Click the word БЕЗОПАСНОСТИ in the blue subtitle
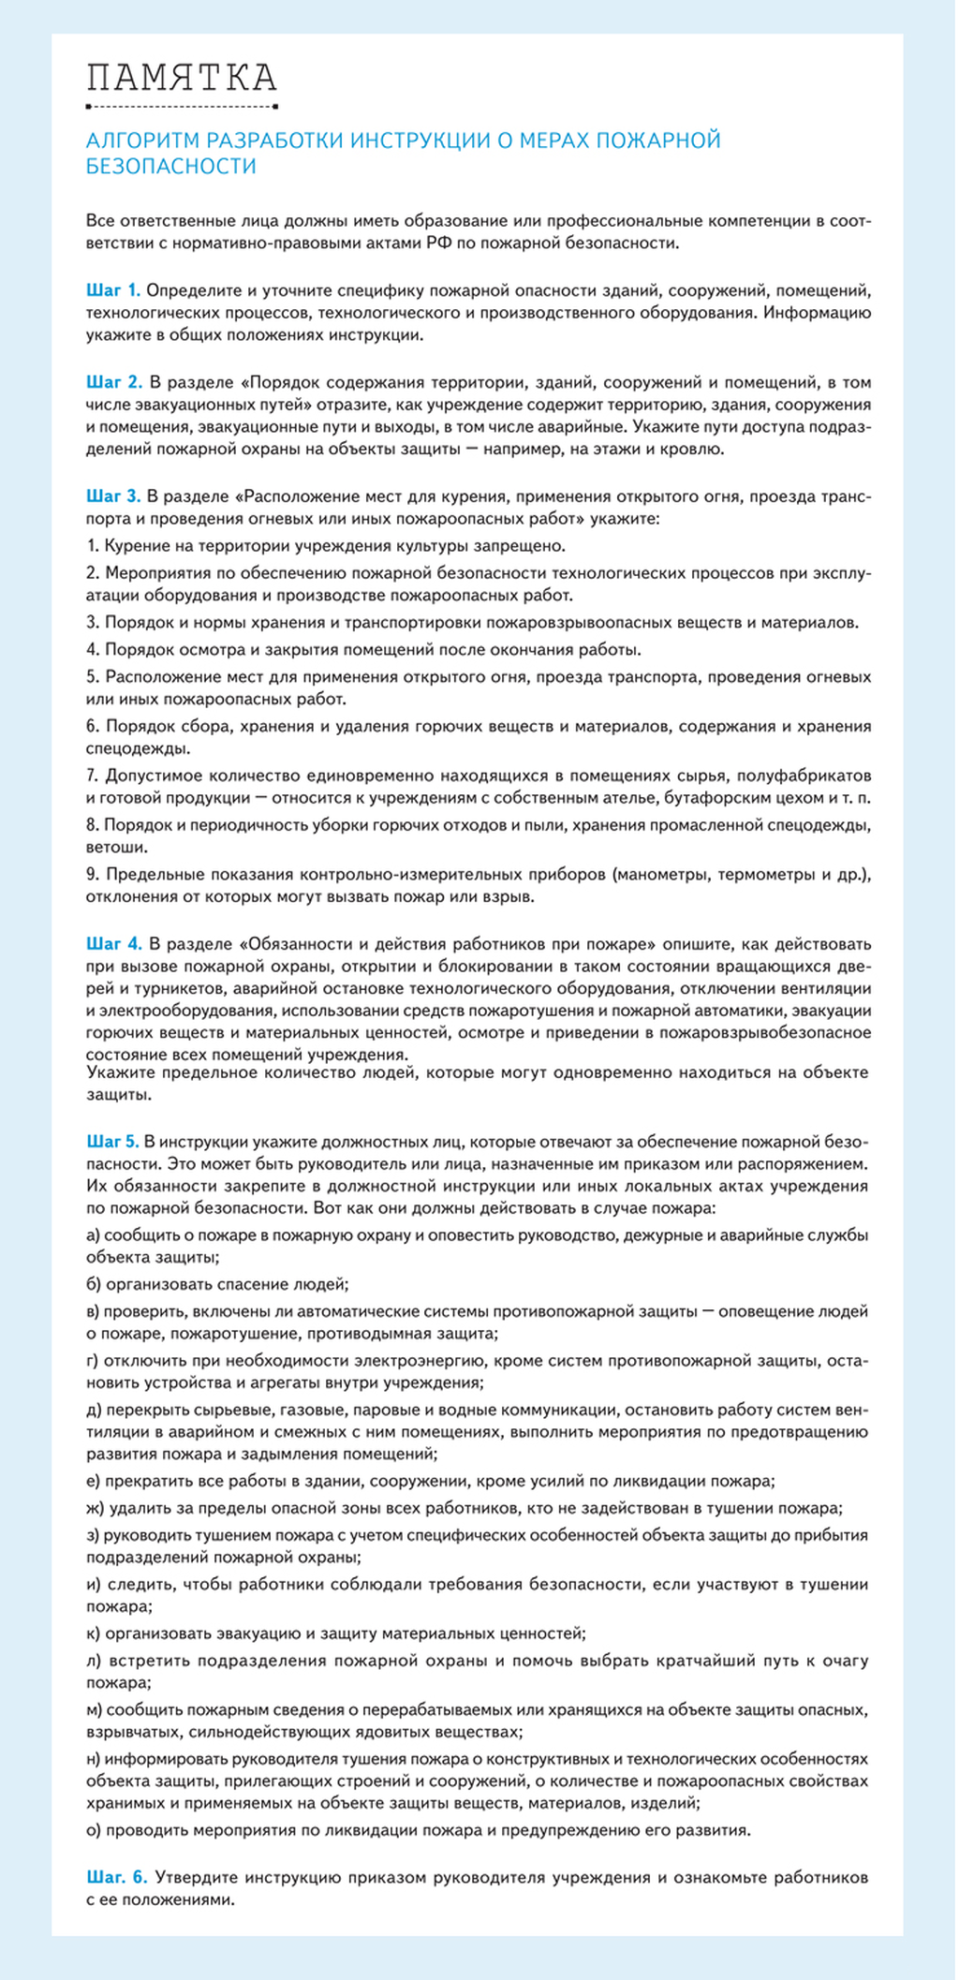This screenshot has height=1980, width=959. (171, 167)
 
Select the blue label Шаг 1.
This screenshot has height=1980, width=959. (113, 289)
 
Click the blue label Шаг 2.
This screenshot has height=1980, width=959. (114, 382)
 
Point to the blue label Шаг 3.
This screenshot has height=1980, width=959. (113, 496)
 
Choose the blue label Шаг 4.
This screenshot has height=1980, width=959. (114, 943)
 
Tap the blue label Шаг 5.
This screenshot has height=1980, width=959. (113, 1142)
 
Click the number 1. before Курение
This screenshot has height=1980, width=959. (92, 546)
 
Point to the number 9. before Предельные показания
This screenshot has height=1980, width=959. (93, 875)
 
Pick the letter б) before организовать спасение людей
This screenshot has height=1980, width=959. (94, 1285)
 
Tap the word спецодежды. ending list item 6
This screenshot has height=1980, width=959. (137, 749)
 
